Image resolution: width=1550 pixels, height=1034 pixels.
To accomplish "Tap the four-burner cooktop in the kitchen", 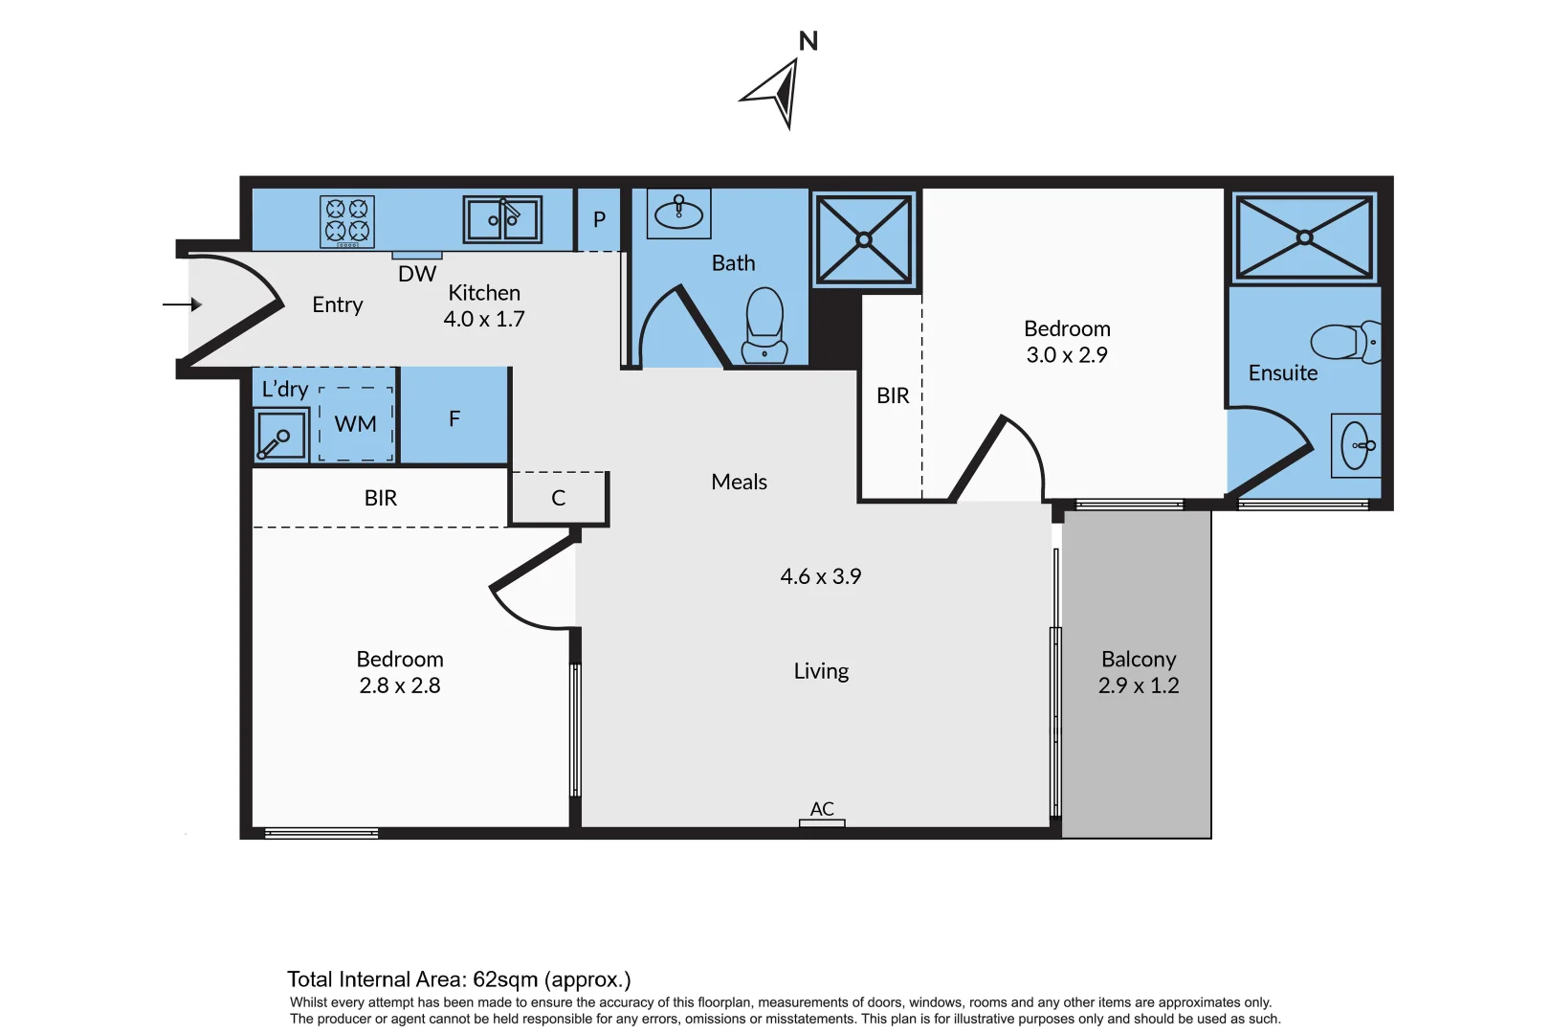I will [x=346, y=221].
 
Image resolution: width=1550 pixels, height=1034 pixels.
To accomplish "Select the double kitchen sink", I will [x=502, y=219].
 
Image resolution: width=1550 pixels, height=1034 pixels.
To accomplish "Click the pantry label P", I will [x=599, y=219].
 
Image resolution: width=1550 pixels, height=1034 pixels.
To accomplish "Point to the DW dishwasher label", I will [x=417, y=275].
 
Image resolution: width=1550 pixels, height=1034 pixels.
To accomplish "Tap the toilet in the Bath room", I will [x=764, y=326].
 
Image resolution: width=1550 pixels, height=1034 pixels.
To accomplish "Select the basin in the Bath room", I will [x=678, y=213].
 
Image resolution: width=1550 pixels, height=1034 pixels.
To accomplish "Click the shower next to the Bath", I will [x=864, y=239].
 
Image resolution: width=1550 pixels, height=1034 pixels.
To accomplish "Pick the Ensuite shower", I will [x=1304, y=236].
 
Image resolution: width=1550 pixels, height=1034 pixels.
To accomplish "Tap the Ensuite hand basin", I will [x=1357, y=445].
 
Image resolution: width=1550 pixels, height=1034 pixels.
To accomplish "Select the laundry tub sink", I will [x=281, y=436].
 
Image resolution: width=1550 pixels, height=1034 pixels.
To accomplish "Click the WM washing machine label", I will [x=355, y=424].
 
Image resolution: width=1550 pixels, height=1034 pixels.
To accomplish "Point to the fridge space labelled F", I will [x=454, y=418].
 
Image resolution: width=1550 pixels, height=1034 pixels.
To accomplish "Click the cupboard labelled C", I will [x=559, y=498].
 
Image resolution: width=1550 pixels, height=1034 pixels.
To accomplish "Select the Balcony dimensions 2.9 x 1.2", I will [x=1138, y=686].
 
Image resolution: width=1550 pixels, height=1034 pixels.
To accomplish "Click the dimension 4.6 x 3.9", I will [x=820, y=576].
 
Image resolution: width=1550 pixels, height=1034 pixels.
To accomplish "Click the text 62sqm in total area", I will [x=505, y=979].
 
